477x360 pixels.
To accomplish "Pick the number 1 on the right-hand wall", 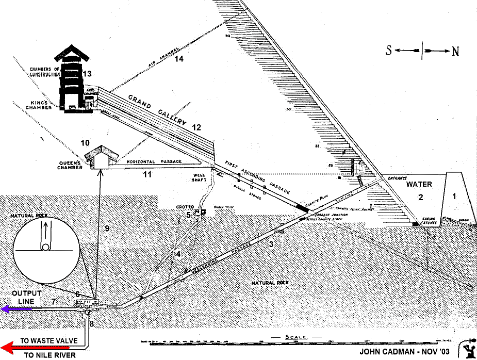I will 454,195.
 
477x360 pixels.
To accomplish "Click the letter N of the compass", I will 455,51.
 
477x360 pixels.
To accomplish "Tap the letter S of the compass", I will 391,51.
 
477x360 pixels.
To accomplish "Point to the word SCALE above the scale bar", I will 297,337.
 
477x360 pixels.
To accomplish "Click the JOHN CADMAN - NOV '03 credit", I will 405,352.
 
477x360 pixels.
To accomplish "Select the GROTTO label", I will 184,207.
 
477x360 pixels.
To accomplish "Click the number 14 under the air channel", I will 178,59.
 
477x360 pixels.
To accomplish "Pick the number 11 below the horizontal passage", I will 147,175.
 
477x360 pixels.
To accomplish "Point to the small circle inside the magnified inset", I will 46,247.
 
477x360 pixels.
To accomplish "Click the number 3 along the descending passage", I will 270,244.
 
